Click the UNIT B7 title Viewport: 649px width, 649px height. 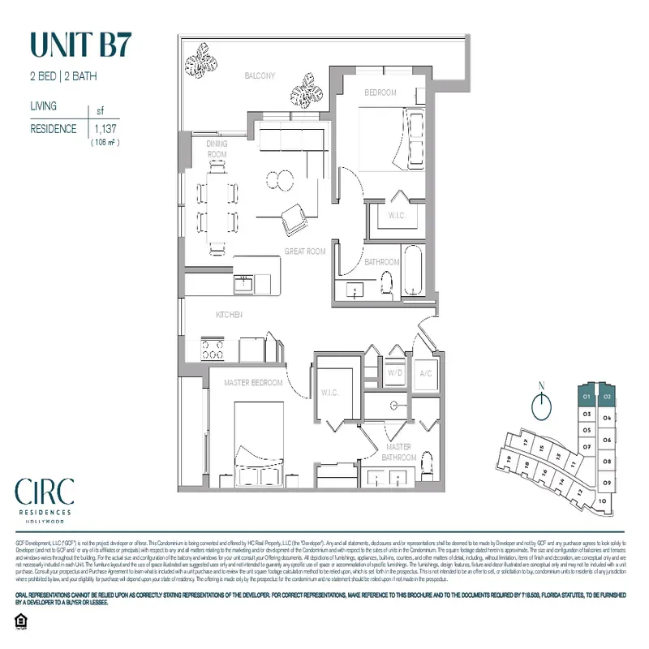[x=79, y=45]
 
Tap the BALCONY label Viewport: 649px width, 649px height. [x=260, y=75]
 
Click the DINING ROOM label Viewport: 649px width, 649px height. [x=217, y=148]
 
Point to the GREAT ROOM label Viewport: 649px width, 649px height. [x=304, y=251]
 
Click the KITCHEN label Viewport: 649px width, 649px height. [x=229, y=315]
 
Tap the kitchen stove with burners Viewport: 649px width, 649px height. [x=213, y=349]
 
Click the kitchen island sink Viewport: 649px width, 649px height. [x=242, y=283]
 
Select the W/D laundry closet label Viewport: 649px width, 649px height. [x=397, y=373]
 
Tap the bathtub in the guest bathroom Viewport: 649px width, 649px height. [x=413, y=276]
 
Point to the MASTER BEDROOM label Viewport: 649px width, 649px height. [x=254, y=382]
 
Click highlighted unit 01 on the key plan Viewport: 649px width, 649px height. [x=586, y=397]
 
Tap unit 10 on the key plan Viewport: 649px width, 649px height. [x=601, y=501]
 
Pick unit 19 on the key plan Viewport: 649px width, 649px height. [x=509, y=459]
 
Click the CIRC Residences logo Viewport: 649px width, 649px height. [x=45, y=496]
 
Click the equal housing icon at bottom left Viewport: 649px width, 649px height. [x=20, y=621]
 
